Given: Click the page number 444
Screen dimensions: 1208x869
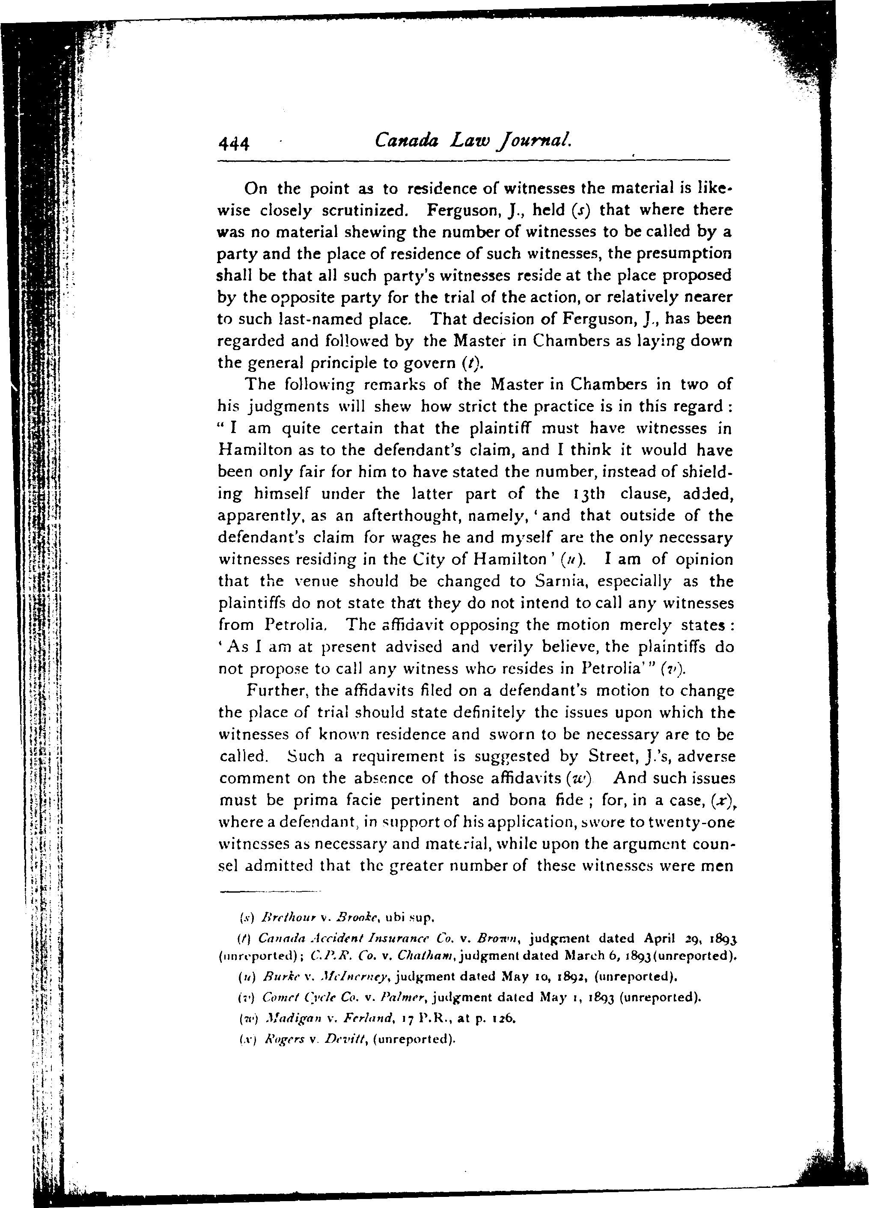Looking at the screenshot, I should pyautogui.click(x=233, y=143).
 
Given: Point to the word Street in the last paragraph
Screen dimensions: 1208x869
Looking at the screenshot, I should pyautogui.click(x=611, y=756).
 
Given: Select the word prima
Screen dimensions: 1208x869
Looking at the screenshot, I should pyautogui.click(x=311, y=800).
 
